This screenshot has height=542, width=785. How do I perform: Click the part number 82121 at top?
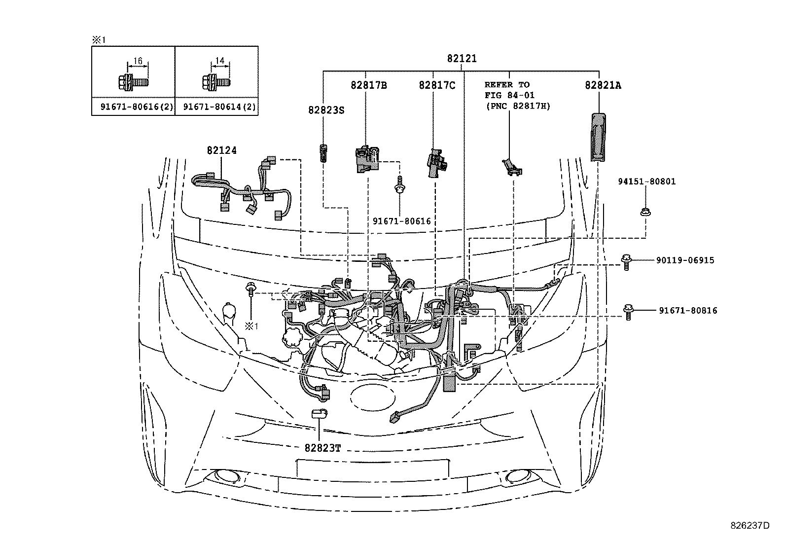462,58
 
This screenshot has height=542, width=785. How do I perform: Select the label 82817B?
368,85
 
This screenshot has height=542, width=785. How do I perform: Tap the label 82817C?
437,85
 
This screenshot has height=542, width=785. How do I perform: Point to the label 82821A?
603,85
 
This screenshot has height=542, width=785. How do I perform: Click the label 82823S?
326,110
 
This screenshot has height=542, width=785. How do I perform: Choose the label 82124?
221,150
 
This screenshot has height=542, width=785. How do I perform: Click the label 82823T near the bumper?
322,448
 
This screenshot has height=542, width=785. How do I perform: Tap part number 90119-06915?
685,260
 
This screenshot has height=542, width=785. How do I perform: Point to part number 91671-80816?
688,311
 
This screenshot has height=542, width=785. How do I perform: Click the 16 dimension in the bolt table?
138,61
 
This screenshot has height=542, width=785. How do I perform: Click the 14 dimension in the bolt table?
220,61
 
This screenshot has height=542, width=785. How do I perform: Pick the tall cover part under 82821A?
598,137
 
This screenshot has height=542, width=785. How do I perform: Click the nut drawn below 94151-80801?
643,212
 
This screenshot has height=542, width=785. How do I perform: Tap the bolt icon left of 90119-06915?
627,261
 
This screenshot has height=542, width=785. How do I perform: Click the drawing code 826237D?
749,525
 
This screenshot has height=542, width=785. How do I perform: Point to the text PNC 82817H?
517,106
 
